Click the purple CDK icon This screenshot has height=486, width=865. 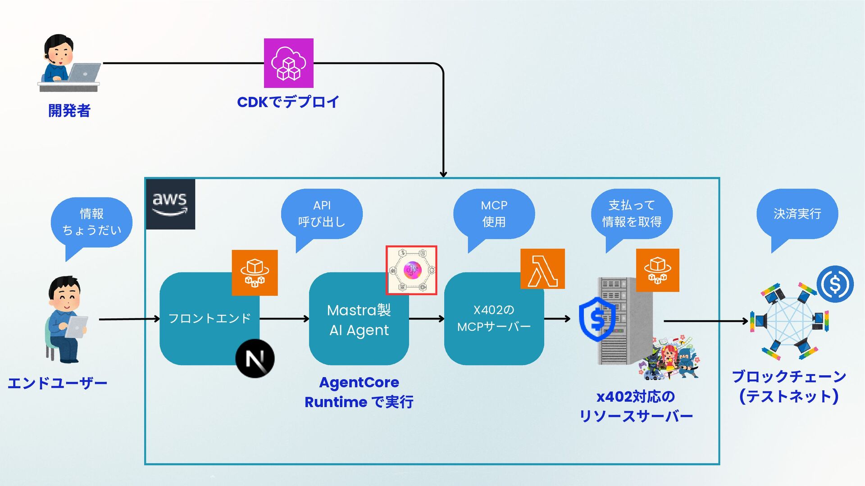pos(288,63)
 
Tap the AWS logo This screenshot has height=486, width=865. pos(170,204)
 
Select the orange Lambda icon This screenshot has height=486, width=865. pos(542,269)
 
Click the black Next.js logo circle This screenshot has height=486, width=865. pos(255,359)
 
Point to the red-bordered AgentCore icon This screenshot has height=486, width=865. pos(411,270)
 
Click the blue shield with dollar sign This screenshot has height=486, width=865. pos(597,319)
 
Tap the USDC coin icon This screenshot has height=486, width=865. pos(835,284)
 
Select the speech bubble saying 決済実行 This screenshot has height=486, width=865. pos(797,214)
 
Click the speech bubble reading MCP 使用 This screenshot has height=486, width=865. pos(494,214)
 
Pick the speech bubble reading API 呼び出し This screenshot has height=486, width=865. pos(322,214)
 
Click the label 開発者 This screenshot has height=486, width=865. pos(69,110)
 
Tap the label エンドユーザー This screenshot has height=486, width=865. pos(57,383)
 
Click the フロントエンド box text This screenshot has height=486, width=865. pos(209,319)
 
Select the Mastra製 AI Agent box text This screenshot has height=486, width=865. pos(359,320)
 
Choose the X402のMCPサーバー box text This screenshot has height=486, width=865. pos(494,318)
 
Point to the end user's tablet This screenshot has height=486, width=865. pos(77,326)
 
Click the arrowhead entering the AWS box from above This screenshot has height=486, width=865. pos(443,174)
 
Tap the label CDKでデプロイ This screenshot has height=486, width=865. pos(288,102)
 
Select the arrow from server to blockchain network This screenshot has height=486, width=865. pos(705,321)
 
